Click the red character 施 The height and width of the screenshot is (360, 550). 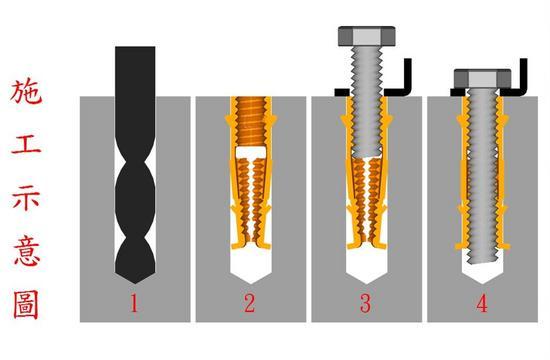[x=26, y=91]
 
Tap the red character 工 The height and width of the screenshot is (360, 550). [x=26, y=145]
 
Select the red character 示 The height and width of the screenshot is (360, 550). [x=26, y=198]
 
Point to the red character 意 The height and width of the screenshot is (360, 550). [x=27, y=252]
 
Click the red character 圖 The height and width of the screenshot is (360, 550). [x=26, y=305]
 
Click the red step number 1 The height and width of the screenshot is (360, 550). [x=134, y=304]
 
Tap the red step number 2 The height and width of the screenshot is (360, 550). [x=249, y=304]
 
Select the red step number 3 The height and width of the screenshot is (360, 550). [x=365, y=304]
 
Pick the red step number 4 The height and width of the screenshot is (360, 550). [x=482, y=304]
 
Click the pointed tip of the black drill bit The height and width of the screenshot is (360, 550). [x=135, y=283]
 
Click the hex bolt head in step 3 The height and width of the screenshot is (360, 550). [x=367, y=36]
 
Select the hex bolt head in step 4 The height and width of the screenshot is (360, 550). [x=482, y=78]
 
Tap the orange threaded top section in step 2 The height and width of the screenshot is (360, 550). [x=251, y=121]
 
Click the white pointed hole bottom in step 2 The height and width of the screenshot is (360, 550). [x=251, y=266]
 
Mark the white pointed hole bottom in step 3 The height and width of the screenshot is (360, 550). [x=367, y=266]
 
